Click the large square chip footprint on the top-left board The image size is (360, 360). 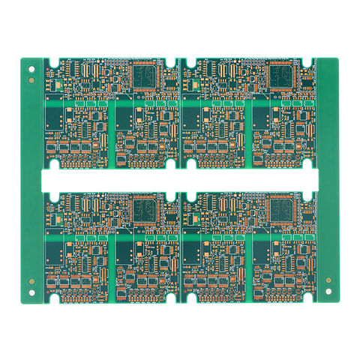click(x=145, y=76)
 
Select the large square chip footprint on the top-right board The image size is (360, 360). click(x=283, y=75)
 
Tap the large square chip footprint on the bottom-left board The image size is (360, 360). click(x=145, y=209)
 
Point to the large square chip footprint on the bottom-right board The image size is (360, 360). click(x=283, y=209)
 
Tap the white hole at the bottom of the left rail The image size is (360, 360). click(x=31, y=291)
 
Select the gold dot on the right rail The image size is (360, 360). click(x=328, y=280)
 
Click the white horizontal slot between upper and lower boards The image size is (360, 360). click(x=180, y=180)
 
